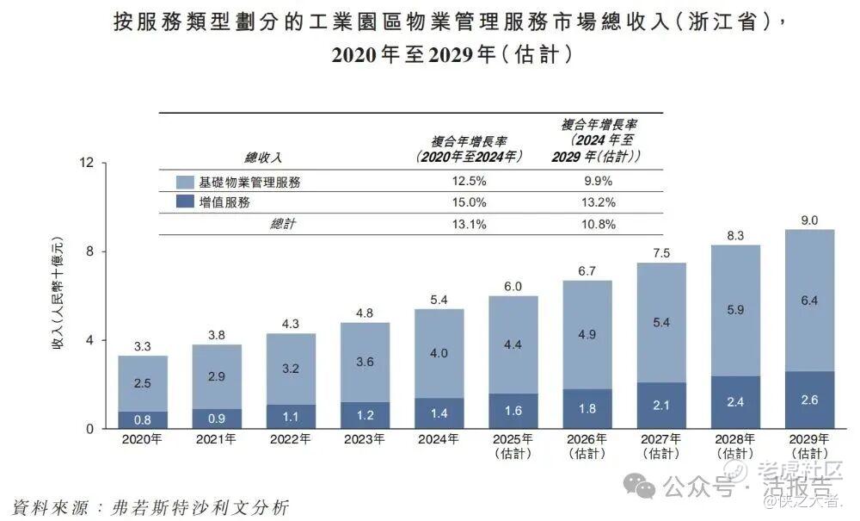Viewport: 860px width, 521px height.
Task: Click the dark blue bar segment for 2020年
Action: tap(142, 419)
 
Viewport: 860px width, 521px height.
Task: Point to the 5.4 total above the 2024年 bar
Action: tap(439, 300)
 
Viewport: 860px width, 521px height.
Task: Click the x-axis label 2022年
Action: tap(290, 439)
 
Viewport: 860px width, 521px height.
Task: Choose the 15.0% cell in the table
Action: tap(469, 203)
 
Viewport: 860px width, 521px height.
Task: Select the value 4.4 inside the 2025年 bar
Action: tap(513, 345)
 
